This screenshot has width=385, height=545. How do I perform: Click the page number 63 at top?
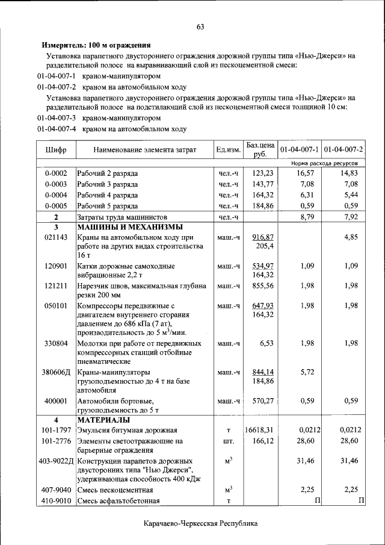click(200, 26)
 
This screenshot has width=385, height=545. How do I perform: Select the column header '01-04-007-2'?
click(343, 149)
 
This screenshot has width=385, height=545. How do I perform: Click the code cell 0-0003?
click(56, 184)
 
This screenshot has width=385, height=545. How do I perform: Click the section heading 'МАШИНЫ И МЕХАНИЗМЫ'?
click(129, 227)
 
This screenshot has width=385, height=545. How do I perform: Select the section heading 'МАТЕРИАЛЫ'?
click(103, 419)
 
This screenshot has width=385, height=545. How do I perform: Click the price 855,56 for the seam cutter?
click(263, 285)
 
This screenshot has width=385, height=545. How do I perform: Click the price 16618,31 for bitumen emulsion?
click(259, 430)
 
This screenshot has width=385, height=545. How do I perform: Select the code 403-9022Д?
click(56, 461)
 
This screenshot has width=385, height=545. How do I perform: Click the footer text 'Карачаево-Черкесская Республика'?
click(200, 523)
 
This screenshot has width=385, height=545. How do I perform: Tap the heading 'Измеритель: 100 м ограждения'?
click(96, 45)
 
